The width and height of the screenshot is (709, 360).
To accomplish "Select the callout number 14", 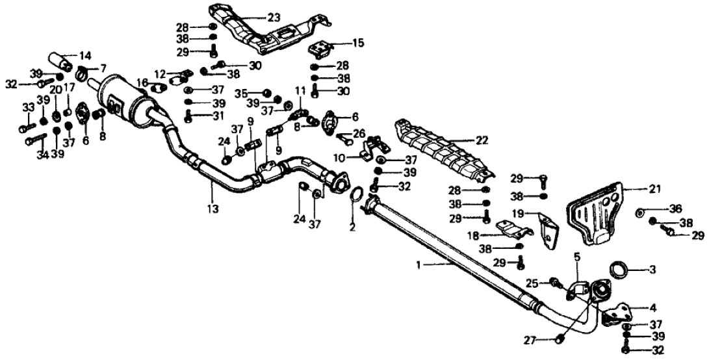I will coord(86,55).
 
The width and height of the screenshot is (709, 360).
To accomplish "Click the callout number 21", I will coord(653,189).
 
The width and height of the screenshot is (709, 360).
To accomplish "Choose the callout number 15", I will coord(358,44).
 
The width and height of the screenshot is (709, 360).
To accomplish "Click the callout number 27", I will coord(530,339).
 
